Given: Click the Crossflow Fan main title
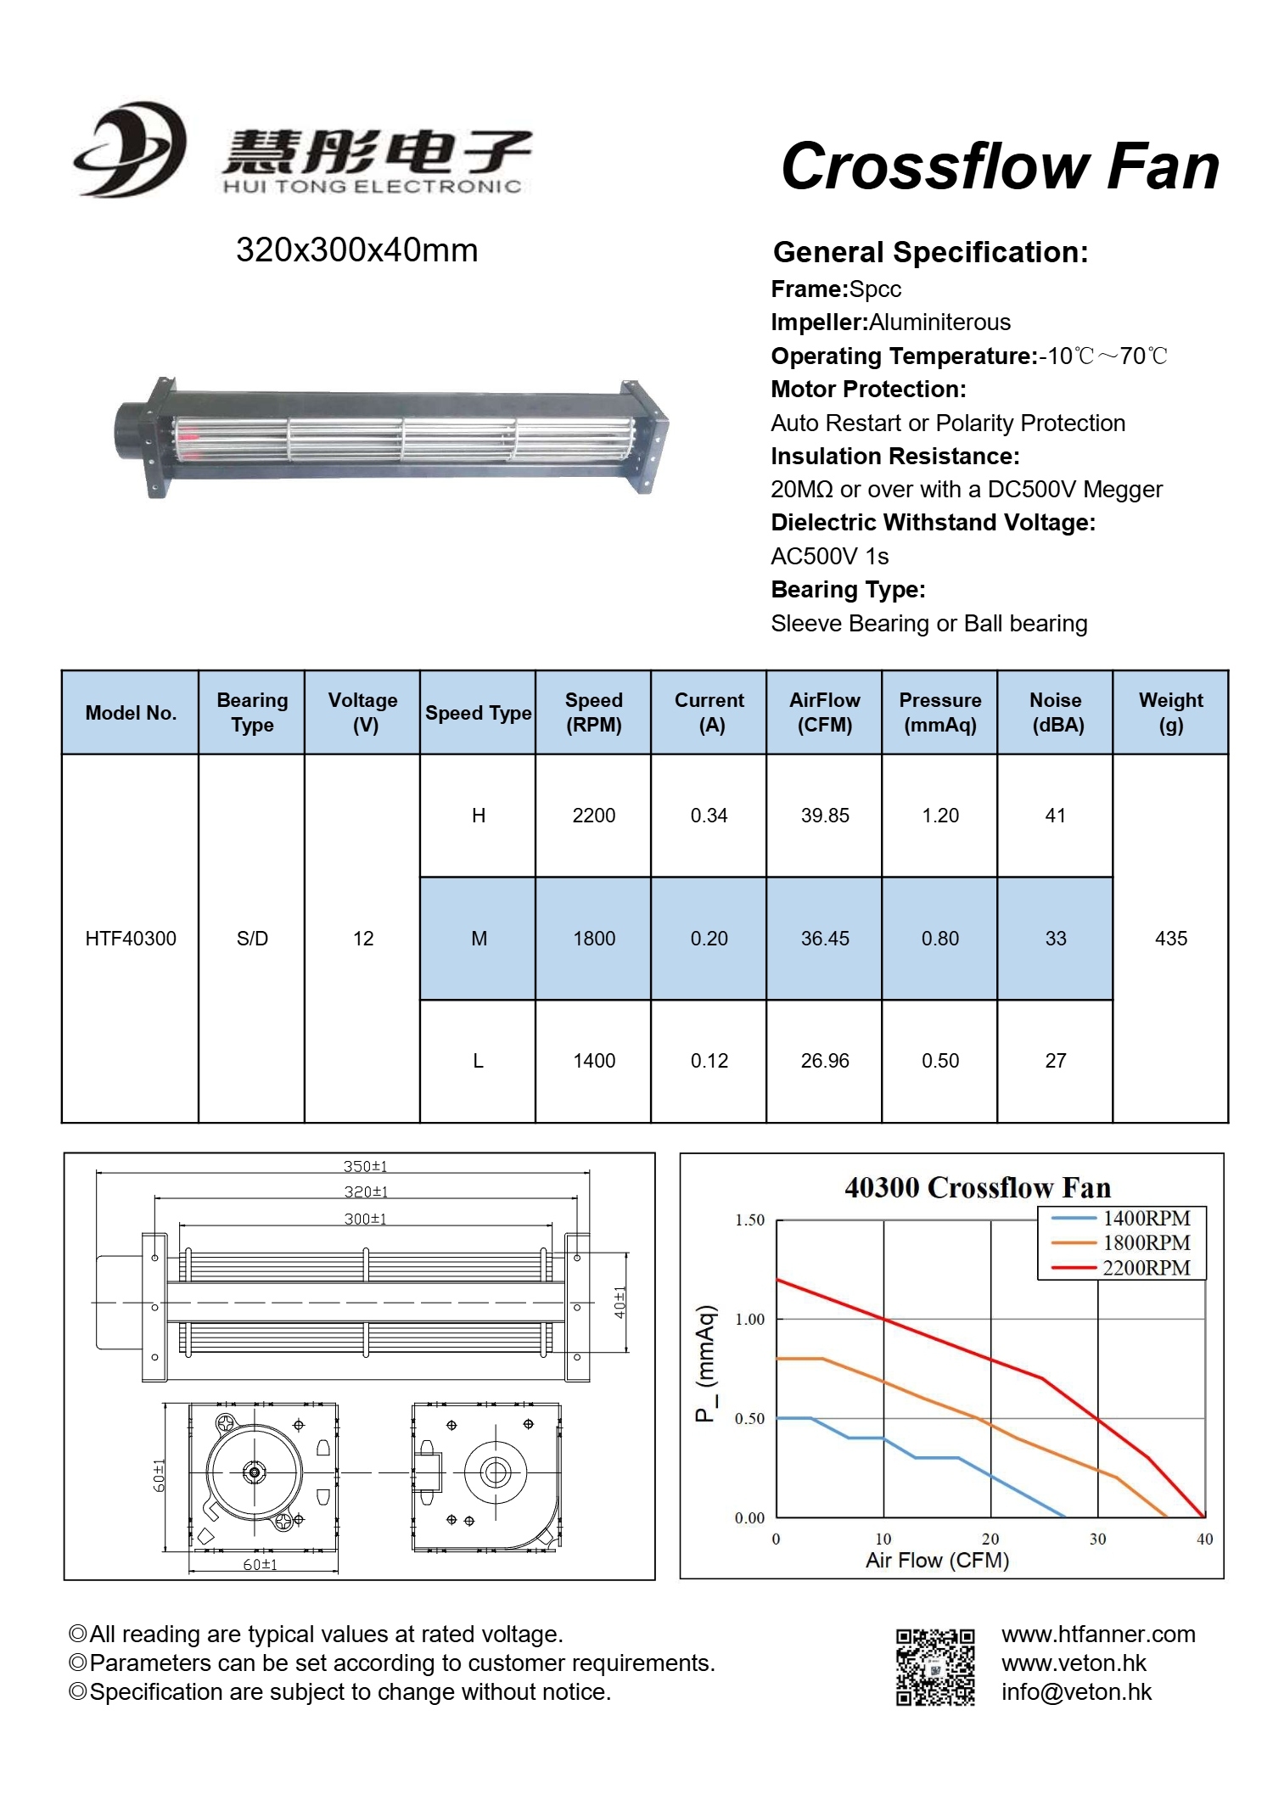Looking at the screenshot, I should [1000, 166].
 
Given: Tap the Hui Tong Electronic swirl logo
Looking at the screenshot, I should [132, 150].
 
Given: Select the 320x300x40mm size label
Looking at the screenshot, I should [356, 250].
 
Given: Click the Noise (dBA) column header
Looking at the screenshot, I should [1056, 712].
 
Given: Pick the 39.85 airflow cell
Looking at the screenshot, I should [825, 816].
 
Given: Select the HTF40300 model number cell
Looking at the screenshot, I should [131, 939].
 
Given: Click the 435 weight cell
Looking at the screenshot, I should [1170, 939].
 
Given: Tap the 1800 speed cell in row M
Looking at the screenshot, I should [594, 939].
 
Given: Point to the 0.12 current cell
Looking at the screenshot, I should [709, 1061].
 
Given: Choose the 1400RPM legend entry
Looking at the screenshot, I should [1145, 1219].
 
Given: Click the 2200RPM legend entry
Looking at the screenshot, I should [1145, 1268].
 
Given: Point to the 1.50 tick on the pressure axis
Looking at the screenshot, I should [749, 1220].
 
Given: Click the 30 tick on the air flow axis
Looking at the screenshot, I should [1097, 1539].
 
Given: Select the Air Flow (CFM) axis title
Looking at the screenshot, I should [937, 1561].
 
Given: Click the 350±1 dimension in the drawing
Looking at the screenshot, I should [365, 1167].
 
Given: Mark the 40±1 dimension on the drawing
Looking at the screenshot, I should [620, 1302].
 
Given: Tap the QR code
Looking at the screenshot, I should [935, 1667].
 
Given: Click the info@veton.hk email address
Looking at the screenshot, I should [1076, 1692].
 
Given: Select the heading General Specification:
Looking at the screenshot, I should [930, 252].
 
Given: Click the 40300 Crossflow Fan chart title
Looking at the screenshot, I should [977, 1187].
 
